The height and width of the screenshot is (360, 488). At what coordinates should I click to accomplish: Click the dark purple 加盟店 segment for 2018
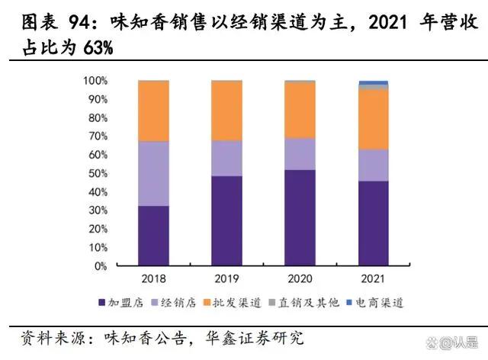click(153, 236)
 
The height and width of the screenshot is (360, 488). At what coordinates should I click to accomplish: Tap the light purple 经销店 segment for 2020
click(300, 153)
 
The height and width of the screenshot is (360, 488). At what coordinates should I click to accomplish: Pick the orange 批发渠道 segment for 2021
click(373, 119)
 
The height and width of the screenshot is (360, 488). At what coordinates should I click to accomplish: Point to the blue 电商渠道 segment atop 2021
click(373, 82)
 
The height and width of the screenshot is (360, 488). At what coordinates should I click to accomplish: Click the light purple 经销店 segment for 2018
click(153, 173)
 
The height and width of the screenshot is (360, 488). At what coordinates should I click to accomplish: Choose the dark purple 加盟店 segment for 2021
click(373, 223)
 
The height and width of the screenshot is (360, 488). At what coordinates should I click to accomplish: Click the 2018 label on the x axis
click(153, 279)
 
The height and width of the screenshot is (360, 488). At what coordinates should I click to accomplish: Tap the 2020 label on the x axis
click(300, 279)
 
